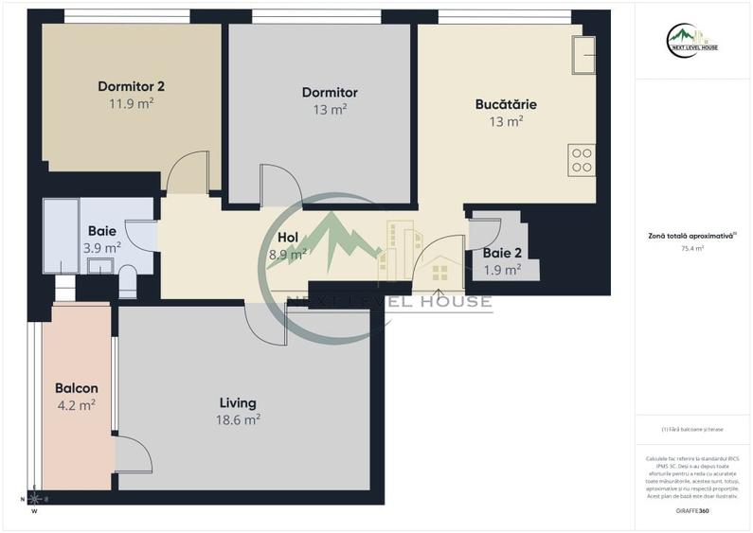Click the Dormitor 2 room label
pos(138,87)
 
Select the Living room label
pos(238,403)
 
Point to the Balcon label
pos(77,388)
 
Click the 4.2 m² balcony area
pos(76,405)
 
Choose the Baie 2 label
pos(501,254)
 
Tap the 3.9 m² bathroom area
pos(101,248)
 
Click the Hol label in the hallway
pos(288,238)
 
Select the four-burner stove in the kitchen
pos(582,159)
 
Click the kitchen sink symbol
pos(583,55)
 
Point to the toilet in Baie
pos(127,281)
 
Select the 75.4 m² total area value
pos(692,249)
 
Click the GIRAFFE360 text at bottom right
pos(692,511)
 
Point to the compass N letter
pos(23,499)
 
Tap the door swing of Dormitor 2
pos(186,172)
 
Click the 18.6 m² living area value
pos(238,420)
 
